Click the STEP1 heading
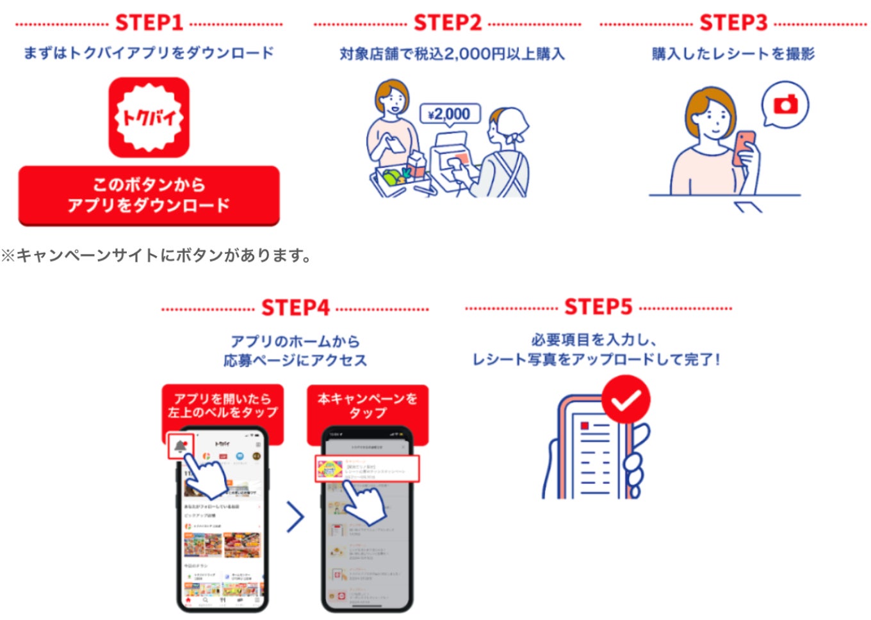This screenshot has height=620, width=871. point(149,24)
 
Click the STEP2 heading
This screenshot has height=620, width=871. point(447,24)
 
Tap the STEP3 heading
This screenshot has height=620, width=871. point(733,24)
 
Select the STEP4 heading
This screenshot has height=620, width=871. point(295,308)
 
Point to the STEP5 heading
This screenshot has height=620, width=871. point(598,307)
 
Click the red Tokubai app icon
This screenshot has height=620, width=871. point(149,118)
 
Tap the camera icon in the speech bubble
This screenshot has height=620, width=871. point(785,104)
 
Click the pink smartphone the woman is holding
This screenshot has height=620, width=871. point(744,147)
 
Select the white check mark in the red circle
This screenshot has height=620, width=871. point(626,401)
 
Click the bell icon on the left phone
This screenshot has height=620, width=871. point(181,446)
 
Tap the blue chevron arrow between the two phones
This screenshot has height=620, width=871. point(295,517)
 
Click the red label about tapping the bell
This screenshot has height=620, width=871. point(222,405)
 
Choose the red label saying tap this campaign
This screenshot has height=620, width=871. point(368,405)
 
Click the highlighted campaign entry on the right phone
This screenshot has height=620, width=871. point(367,469)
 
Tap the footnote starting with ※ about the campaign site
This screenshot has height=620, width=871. point(157,256)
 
